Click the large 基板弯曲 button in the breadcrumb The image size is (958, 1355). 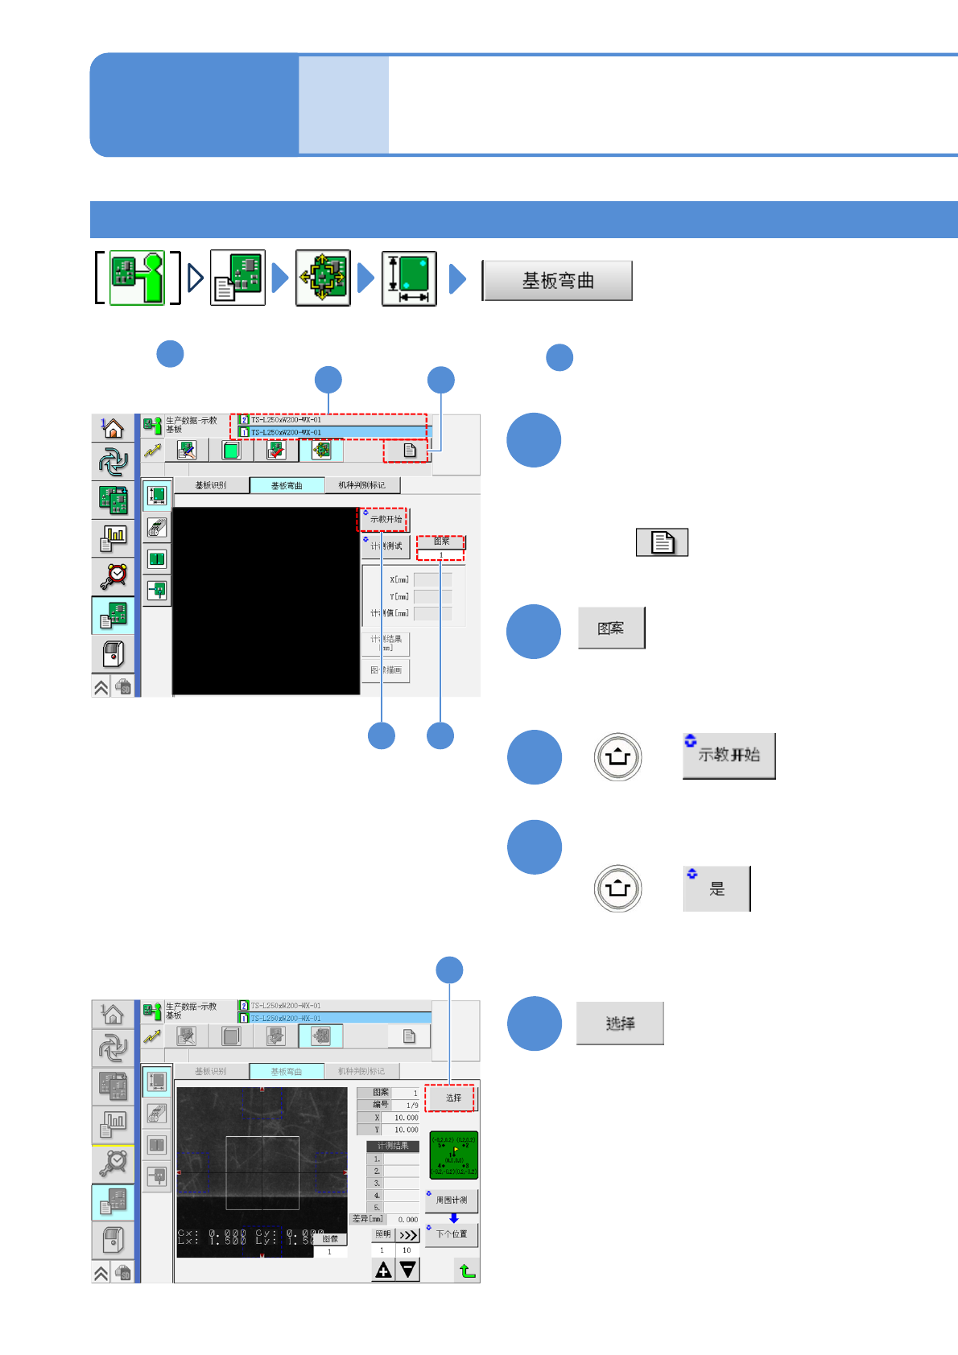click(557, 281)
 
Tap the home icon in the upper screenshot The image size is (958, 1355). click(113, 428)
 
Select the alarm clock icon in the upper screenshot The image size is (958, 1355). click(114, 575)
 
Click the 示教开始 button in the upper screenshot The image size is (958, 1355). click(385, 520)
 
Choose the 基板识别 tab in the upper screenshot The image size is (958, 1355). click(211, 485)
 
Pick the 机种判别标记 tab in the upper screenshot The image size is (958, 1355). click(361, 485)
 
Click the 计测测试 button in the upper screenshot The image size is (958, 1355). click(386, 546)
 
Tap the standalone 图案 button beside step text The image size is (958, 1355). click(612, 628)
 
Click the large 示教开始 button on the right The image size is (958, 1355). click(729, 756)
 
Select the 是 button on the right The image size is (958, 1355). click(716, 888)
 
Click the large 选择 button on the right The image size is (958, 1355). click(620, 1023)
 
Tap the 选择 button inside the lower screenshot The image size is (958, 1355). click(452, 1098)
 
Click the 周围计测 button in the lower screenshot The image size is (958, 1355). click(452, 1200)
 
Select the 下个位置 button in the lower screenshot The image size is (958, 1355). click(452, 1234)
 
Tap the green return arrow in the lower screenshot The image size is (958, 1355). click(467, 1271)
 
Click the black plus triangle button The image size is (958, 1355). click(383, 1270)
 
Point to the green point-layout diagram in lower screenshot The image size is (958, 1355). click(453, 1155)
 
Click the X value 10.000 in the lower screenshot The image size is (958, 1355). click(405, 1118)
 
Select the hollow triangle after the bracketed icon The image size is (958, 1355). click(196, 278)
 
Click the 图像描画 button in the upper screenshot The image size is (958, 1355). click(386, 670)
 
